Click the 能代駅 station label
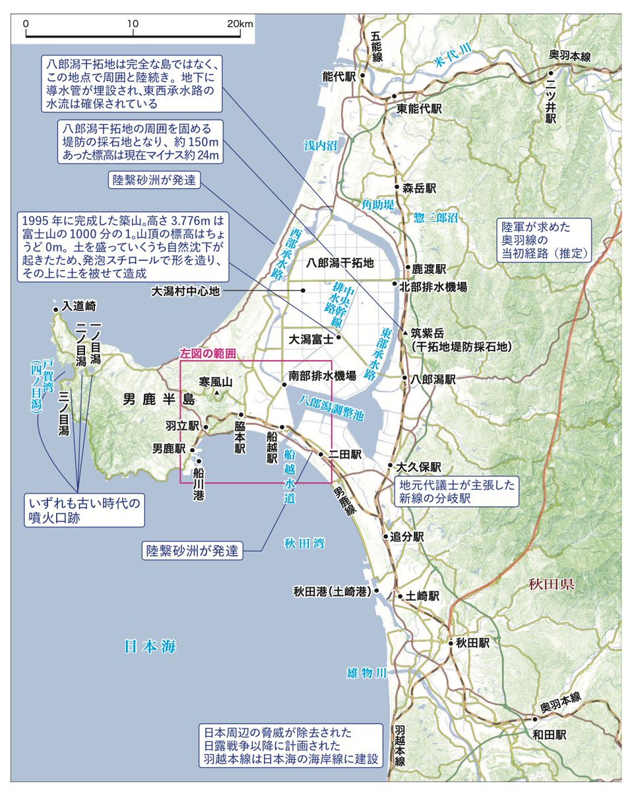point(338,77)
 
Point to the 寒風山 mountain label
point(217,381)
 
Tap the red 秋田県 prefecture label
point(553,584)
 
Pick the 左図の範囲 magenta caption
point(207,354)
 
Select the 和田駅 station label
point(551,734)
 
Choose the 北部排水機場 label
point(433,286)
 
